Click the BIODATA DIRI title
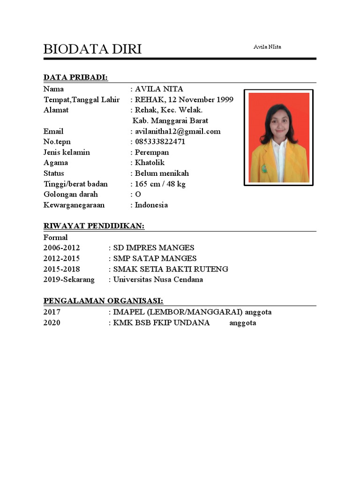pyautogui.click(x=92, y=49)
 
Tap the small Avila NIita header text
pyautogui.click(x=267, y=47)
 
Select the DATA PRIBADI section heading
pyautogui.click(x=75, y=77)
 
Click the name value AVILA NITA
pyautogui.click(x=159, y=89)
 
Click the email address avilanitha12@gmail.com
pyautogui.click(x=178, y=131)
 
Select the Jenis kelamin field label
pyautogui.click(x=67, y=152)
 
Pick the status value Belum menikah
pyautogui.click(x=162, y=173)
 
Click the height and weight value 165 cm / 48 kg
pyautogui.click(x=160, y=184)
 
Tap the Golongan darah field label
pyautogui.click(x=70, y=195)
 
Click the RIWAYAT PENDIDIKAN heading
pyautogui.click(x=94, y=226)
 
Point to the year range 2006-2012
pyautogui.click(x=61, y=247)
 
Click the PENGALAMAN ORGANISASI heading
pyautogui.click(x=103, y=300)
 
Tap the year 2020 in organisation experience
pyautogui.click(x=52, y=323)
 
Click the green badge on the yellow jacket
pyautogui.click(x=264, y=168)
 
